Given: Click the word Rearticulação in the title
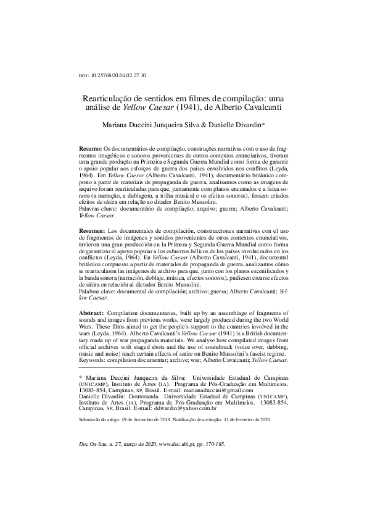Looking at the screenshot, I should pyautogui.click(x=110, y=98).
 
